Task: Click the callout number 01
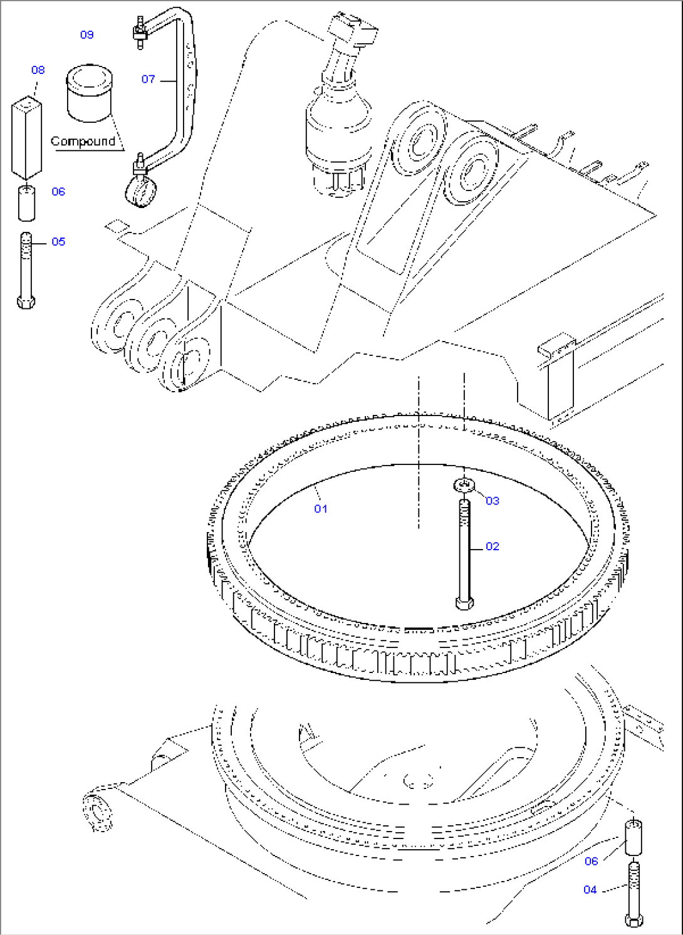pyautogui.click(x=320, y=508)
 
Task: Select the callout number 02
pyautogui.click(x=493, y=546)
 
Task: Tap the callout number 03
pyautogui.click(x=493, y=501)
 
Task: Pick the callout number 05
pyautogui.click(x=58, y=241)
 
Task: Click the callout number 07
pyautogui.click(x=148, y=78)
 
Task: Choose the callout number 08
pyautogui.click(x=38, y=70)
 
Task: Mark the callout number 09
pyautogui.click(x=87, y=34)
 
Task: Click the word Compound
pyautogui.click(x=83, y=141)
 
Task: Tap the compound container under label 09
pyautogui.click(x=90, y=93)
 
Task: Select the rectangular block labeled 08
pyautogui.click(x=26, y=138)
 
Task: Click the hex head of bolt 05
pyautogui.click(x=26, y=302)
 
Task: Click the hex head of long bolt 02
pyautogui.click(x=464, y=603)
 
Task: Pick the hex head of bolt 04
pyautogui.click(x=633, y=920)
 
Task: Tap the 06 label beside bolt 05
pyautogui.click(x=58, y=191)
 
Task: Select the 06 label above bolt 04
pyautogui.click(x=591, y=860)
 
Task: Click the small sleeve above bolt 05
pyautogui.click(x=26, y=203)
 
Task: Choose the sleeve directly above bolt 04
pyautogui.click(x=633, y=838)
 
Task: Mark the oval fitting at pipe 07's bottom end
pyautogui.click(x=141, y=191)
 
